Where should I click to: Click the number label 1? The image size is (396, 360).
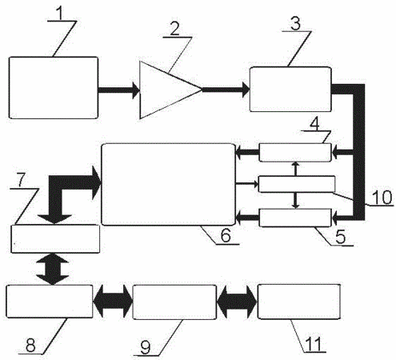coord(61,14)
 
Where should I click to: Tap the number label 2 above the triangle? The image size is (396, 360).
coord(174,30)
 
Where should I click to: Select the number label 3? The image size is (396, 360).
coord(295,23)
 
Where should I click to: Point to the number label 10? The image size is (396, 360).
coord(382,198)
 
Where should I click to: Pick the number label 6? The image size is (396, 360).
coord(226,235)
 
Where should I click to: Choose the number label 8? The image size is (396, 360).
coord(30,346)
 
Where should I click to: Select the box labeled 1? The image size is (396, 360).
coord(54,87)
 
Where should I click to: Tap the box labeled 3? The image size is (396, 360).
coord(290,89)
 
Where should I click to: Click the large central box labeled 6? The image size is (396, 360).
coord(169,184)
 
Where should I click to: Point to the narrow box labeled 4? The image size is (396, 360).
coord(295,152)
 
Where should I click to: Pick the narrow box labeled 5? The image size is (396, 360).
coord(295,218)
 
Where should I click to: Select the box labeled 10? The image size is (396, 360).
coord(297,184)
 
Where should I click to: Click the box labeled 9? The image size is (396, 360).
coord(174,302)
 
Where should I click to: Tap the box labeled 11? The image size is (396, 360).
coord(299,302)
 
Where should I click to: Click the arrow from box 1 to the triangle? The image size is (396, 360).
coord(118,90)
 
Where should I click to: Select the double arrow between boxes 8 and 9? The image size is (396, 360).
coord(113,302)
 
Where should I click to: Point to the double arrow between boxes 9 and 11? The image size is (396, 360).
coord(237,302)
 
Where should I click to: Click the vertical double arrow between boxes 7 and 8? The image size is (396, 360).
coord(53,269)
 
